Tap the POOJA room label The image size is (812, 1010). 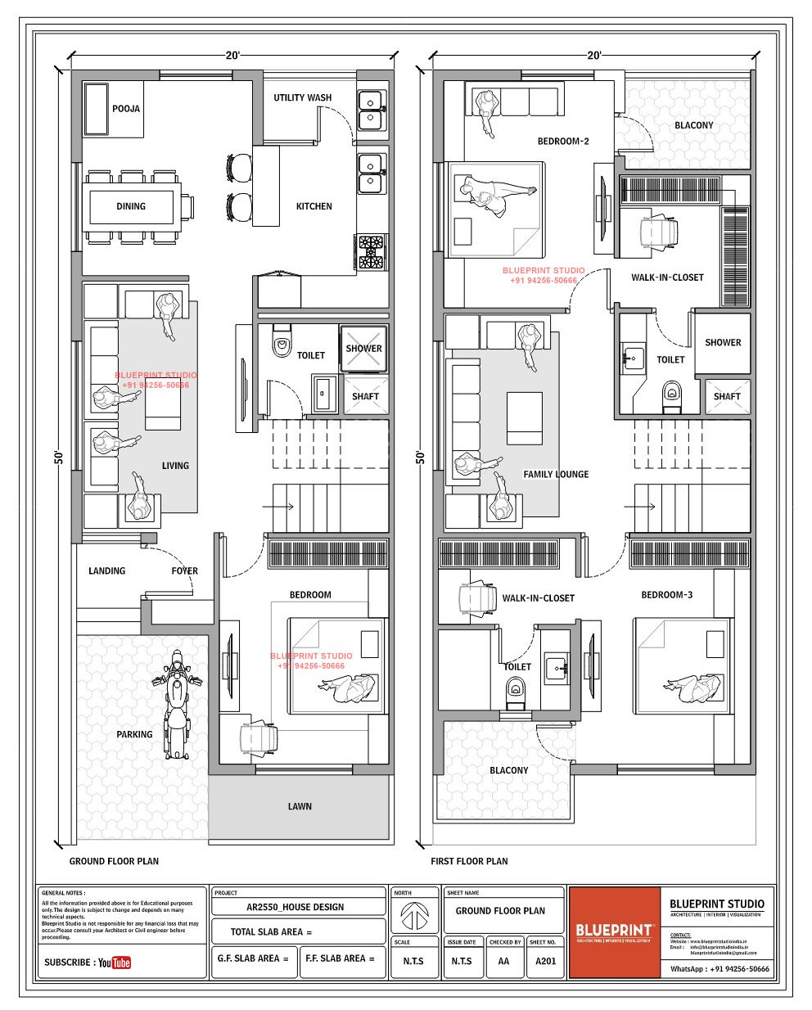click(126, 108)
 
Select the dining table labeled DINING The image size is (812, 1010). click(131, 206)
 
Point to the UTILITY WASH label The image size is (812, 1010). click(302, 97)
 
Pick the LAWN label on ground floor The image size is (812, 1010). click(300, 806)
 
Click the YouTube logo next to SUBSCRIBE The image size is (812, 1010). click(115, 963)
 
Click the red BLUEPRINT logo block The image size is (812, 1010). click(614, 931)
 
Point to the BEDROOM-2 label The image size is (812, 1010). click(563, 141)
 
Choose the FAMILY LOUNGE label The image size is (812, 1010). click(556, 474)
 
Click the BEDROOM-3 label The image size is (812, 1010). click(666, 594)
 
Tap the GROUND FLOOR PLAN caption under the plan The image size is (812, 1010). click(114, 861)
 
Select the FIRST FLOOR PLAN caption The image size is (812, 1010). click(469, 861)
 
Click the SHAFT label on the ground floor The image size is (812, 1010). click(365, 396)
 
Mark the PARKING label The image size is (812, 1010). click(134, 734)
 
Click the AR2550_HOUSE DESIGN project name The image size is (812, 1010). click(295, 907)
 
